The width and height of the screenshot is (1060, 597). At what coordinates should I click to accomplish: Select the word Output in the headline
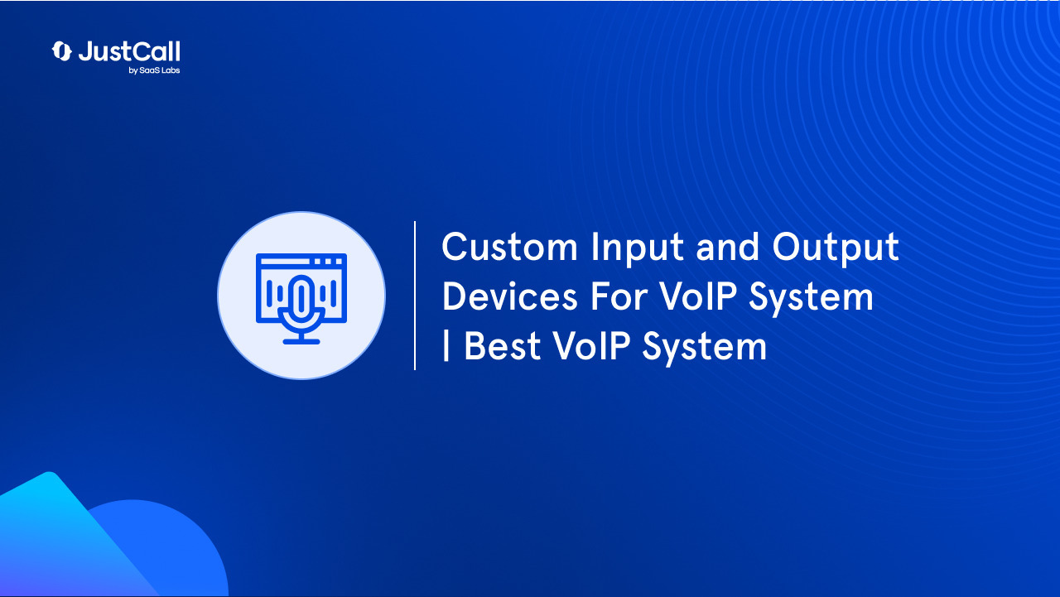[x=836, y=248]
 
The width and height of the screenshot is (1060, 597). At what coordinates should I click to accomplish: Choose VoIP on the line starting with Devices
[x=701, y=297]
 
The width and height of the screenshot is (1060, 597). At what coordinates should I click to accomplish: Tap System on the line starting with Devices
[x=811, y=297]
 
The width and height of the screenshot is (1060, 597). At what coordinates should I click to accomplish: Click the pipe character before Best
[x=446, y=347]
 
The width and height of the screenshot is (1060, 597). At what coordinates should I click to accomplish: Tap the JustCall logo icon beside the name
[x=62, y=51]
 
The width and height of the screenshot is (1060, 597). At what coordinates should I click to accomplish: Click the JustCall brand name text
[x=129, y=51]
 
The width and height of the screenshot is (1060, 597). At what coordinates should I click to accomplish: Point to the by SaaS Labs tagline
[x=154, y=71]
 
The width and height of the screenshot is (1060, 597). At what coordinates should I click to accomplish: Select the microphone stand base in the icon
[x=301, y=340]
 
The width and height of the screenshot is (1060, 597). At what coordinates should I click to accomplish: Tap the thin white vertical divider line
[x=415, y=296]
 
